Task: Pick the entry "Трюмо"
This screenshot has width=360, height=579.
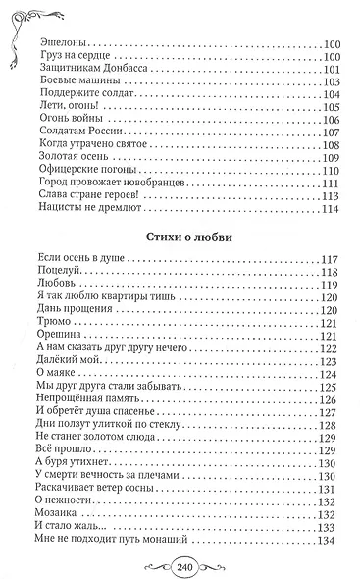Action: (51, 348)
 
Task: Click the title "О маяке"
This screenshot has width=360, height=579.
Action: (55, 399)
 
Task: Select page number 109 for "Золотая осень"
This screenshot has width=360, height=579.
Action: (329, 158)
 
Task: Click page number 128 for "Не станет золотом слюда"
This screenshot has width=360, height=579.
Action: (329, 438)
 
